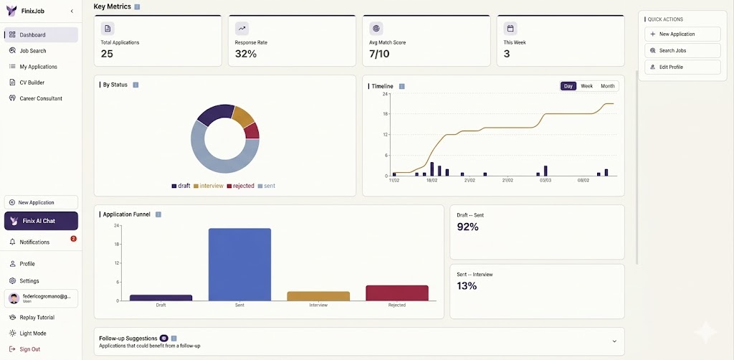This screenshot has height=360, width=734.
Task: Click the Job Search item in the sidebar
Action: [x=32, y=51]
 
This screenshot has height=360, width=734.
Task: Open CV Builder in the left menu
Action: [x=32, y=82]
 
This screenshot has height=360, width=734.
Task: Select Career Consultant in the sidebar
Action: [x=40, y=98]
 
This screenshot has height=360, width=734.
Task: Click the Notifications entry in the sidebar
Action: [x=34, y=242]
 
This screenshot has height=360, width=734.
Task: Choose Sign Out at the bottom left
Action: [x=29, y=349]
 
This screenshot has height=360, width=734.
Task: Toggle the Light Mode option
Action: [x=32, y=333]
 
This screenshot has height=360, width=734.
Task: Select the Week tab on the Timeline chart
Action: [x=586, y=86]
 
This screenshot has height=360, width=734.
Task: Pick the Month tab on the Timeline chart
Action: [x=607, y=86]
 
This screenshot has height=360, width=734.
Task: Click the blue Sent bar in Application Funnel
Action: [x=239, y=265]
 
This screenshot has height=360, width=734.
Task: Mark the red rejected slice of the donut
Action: [x=252, y=131]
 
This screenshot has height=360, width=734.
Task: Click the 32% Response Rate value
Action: [x=246, y=54]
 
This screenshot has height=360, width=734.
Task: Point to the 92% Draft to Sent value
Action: [x=467, y=227]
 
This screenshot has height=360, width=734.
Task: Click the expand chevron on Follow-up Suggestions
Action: [x=614, y=341]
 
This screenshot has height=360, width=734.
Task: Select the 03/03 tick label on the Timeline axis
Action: [x=545, y=181]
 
